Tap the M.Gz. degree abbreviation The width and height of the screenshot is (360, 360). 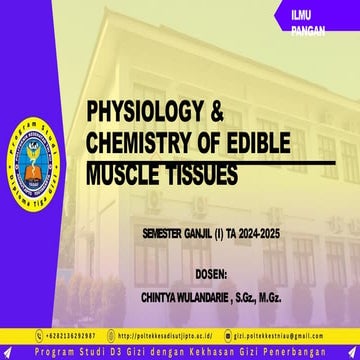pyautogui.click(x=299, y=297)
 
